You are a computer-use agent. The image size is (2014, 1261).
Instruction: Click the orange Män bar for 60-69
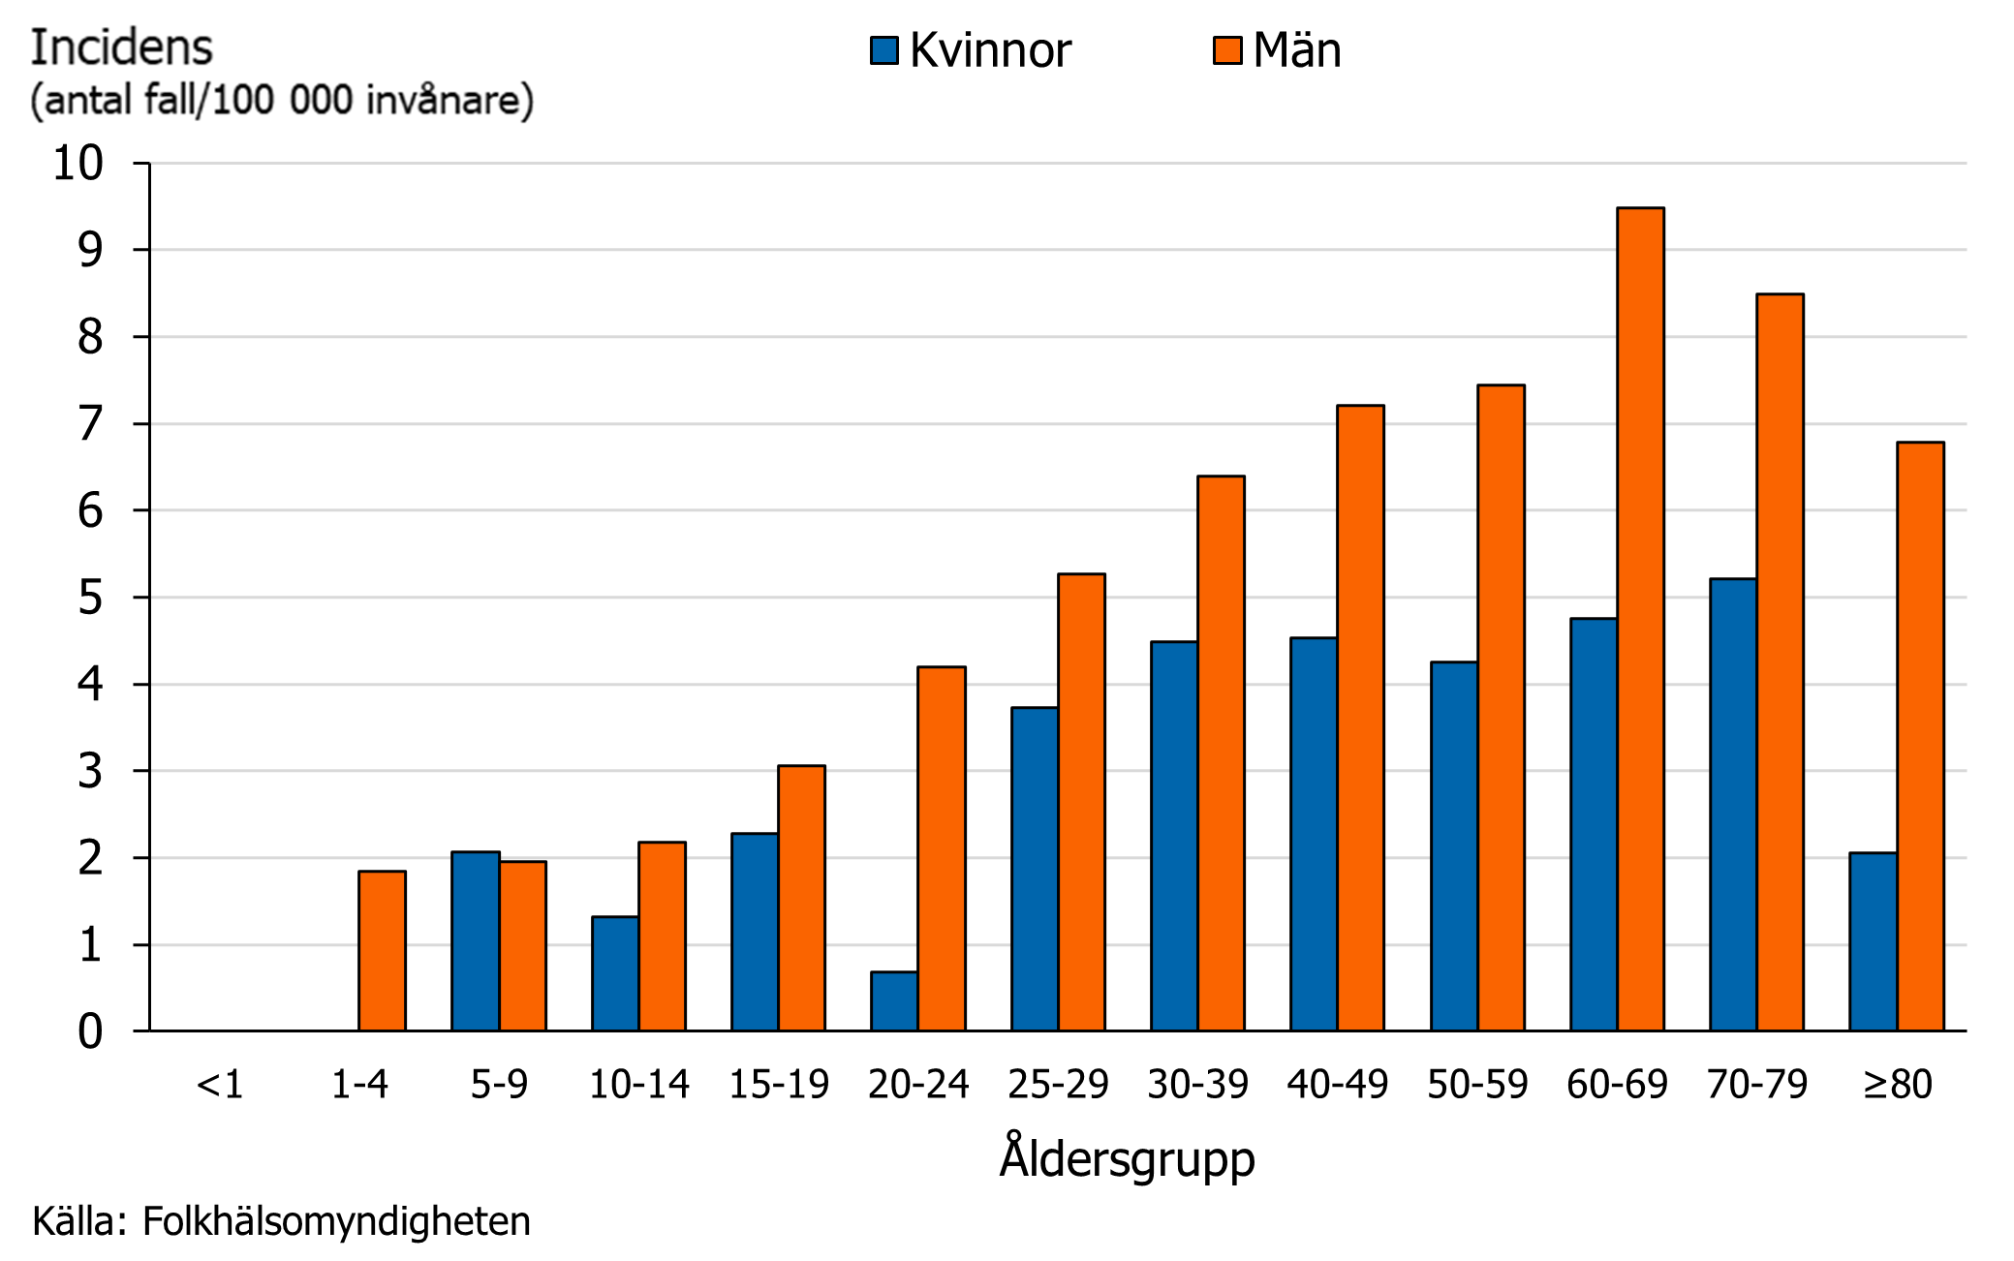tap(1640, 620)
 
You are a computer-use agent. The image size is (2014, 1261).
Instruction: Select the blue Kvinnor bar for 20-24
tap(894, 1001)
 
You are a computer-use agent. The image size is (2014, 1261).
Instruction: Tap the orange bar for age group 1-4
tap(382, 951)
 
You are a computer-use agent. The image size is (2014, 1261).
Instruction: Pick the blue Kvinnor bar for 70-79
tap(1733, 805)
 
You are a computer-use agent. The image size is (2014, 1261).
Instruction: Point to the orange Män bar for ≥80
tap(1920, 736)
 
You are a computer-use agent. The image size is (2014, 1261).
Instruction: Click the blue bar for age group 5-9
tap(475, 941)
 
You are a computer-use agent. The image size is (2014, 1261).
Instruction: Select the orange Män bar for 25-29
tap(1081, 802)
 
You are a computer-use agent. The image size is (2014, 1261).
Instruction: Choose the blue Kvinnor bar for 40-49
tap(1314, 834)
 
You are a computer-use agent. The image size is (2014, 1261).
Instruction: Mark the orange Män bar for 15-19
tap(801, 898)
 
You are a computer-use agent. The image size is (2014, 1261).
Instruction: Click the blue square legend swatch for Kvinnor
tap(884, 50)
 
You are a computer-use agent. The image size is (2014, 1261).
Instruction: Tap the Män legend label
tap(1296, 50)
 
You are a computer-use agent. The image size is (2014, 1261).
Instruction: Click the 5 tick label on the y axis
tap(90, 598)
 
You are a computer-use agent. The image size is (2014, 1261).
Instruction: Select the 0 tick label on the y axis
tap(90, 1031)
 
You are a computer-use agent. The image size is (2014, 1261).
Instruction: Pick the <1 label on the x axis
tap(220, 1085)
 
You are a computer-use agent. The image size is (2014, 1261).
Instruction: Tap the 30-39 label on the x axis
tap(1197, 1085)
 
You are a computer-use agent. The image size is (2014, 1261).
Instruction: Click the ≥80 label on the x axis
tap(1897, 1085)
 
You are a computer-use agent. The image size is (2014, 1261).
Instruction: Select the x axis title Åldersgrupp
tap(1127, 1158)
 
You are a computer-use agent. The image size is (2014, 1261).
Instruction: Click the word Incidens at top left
tap(121, 48)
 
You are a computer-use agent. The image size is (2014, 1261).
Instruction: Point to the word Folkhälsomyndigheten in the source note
tap(336, 1222)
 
